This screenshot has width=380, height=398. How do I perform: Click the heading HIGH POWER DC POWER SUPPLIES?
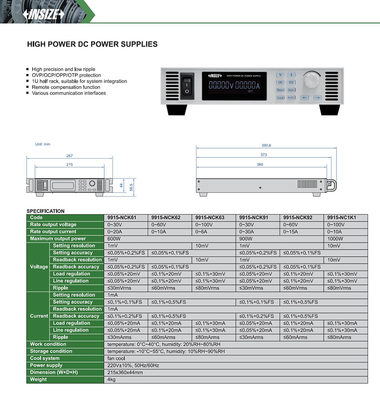coord(92,44)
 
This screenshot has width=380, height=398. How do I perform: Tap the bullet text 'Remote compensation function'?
coord(66,87)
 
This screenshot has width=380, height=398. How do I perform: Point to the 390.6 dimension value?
coord(266,145)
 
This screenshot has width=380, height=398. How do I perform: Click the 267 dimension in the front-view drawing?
coord(70,156)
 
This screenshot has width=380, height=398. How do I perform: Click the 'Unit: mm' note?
coord(43,144)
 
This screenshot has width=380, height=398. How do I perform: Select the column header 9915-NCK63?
coord(210,218)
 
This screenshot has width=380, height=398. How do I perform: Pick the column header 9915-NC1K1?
coord(342,218)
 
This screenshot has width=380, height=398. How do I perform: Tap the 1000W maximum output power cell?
coord(335,239)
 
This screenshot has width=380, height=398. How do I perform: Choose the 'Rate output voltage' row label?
coord(53,225)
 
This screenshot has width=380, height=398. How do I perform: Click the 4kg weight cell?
coord(112,379)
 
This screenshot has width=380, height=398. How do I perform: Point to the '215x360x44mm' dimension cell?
coord(125,372)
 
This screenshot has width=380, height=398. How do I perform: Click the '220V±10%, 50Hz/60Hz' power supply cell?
coord(133,366)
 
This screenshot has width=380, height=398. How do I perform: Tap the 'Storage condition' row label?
coord(51,351)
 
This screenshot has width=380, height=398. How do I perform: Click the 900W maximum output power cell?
coord(247,239)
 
